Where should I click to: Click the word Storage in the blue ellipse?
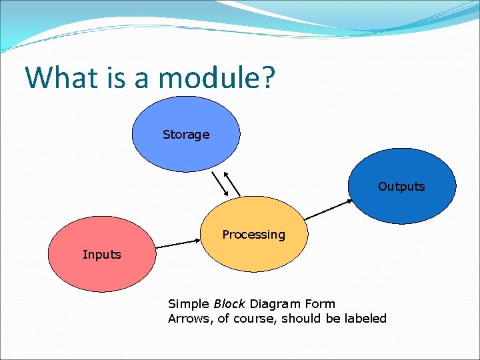coord(186,135)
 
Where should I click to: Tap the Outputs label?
coord(401,187)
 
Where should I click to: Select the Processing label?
coord(253,235)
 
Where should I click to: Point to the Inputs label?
coord(102,254)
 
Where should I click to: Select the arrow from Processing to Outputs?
coord(327,209)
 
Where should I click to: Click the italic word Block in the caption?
coord(230,304)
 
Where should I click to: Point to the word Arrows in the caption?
coord(189,319)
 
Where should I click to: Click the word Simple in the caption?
coord(189,304)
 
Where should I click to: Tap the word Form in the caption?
coord(320,304)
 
